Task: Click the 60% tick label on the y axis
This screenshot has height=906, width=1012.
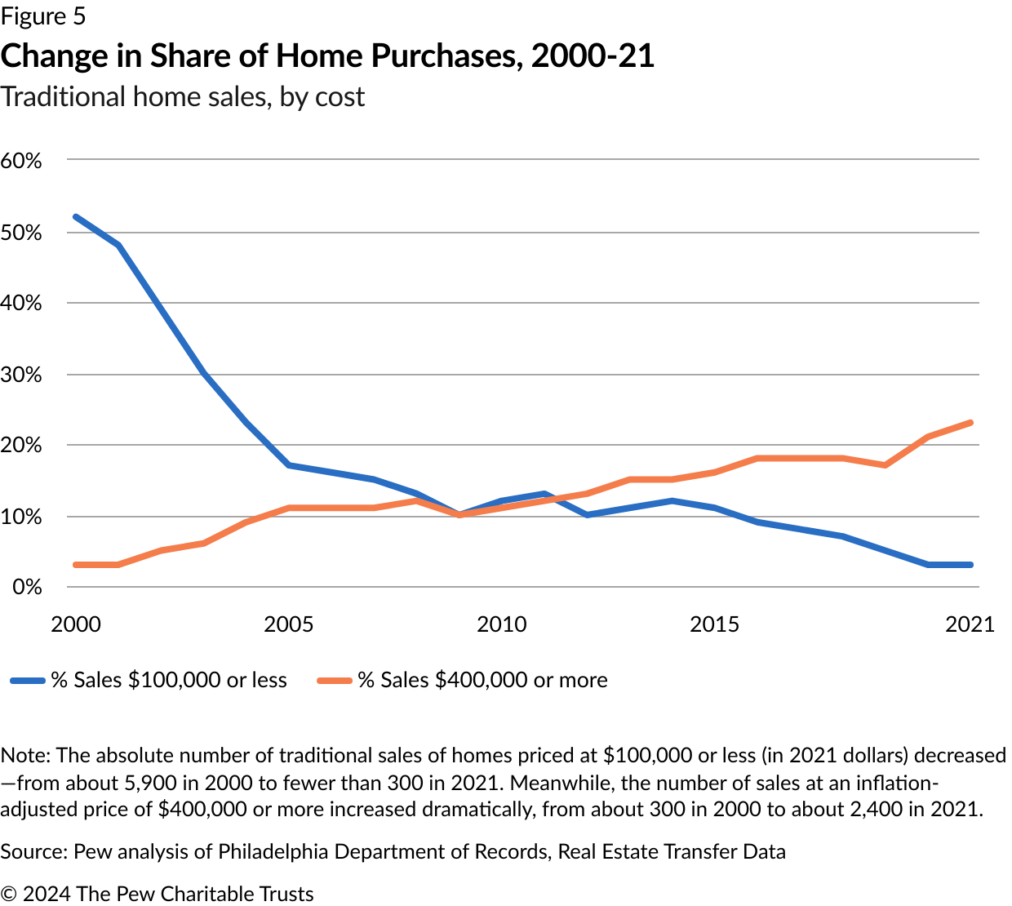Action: pos(21,161)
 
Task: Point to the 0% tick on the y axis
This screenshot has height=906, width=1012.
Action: pos(26,587)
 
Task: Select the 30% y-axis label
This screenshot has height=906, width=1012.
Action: pos(21,375)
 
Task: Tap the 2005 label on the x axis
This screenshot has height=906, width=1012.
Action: pos(289,624)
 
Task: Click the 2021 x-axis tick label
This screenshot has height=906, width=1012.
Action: pos(970,624)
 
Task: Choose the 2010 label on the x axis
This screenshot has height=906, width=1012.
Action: pos(502,624)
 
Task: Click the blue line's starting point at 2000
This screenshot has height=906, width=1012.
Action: pos(76,217)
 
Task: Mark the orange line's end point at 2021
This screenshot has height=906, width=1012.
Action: pos(970,423)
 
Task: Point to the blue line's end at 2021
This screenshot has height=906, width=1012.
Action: pos(970,565)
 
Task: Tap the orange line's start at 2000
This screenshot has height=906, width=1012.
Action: pos(76,565)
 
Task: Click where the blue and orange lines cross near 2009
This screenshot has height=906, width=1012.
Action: pos(460,515)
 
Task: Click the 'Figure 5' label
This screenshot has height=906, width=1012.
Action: pos(43,16)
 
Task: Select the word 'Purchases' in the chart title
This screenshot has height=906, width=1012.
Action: pos(443,56)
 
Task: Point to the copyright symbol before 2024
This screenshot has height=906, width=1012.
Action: pos(9,894)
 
